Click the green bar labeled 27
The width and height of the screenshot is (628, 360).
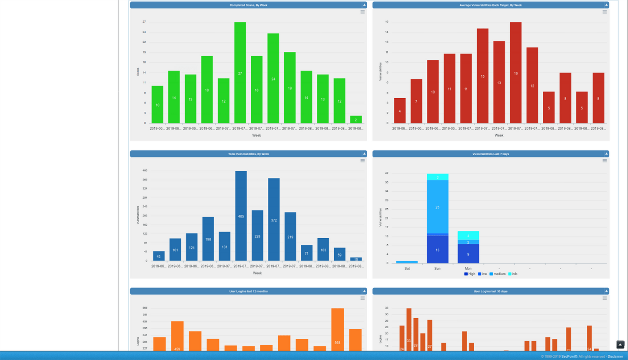[240, 73]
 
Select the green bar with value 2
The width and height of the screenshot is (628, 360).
[356, 120]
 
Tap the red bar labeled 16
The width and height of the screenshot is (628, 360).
[515, 73]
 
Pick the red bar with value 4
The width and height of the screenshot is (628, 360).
[400, 111]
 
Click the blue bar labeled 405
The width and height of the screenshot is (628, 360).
[241, 216]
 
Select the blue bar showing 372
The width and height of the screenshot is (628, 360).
[274, 220]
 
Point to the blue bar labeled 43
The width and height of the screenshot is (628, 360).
[159, 256]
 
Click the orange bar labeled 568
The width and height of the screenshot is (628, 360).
[337, 330]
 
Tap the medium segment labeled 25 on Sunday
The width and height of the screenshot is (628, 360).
[437, 207]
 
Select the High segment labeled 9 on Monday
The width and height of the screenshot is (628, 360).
[468, 254]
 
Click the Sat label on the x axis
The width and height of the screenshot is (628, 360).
[407, 269]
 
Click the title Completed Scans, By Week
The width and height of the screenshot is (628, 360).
[248, 5]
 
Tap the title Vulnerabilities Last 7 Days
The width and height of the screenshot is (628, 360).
[491, 154]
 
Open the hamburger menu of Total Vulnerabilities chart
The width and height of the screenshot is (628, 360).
[362, 161]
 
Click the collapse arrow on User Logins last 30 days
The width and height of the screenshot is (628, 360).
[606, 291]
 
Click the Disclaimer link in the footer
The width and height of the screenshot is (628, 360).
[615, 357]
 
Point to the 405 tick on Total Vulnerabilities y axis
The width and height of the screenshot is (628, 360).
[145, 171]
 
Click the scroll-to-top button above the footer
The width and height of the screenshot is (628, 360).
[620, 345]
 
